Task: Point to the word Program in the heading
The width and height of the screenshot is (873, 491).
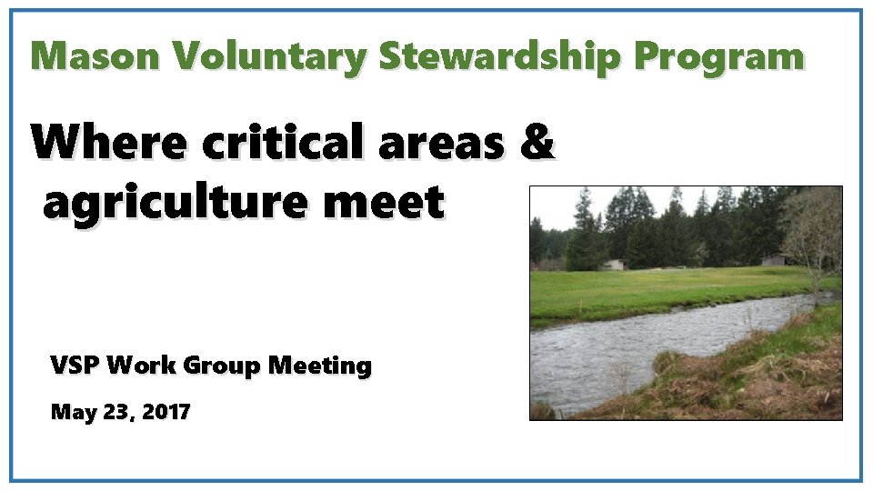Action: click(718, 56)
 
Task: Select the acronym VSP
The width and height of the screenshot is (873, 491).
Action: click(75, 366)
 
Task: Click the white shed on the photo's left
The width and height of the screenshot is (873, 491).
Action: click(615, 265)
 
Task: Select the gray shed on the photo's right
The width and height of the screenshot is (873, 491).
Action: click(774, 260)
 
